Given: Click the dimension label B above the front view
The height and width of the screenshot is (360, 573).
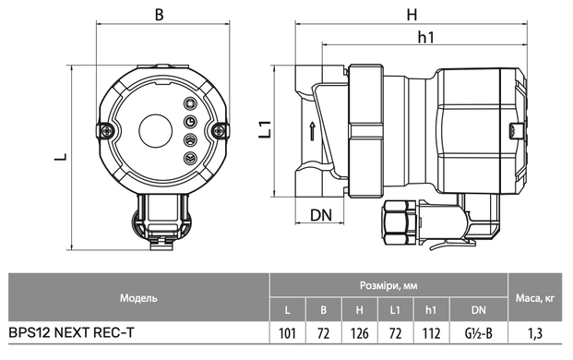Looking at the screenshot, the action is click(x=160, y=15).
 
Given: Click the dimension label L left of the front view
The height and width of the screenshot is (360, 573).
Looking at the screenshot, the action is click(x=61, y=157).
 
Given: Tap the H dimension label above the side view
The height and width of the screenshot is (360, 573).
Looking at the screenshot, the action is click(x=412, y=15).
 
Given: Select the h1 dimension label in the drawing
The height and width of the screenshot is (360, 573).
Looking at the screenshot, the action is click(x=426, y=37).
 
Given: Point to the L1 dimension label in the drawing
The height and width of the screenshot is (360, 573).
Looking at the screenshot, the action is click(x=265, y=129).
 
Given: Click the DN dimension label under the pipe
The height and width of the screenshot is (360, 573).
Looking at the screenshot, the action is click(x=321, y=215).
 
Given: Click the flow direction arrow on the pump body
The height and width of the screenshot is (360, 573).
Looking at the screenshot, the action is click(x=312, y=131).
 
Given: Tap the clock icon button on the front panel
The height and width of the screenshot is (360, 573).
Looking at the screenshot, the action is click(x=190, y=122).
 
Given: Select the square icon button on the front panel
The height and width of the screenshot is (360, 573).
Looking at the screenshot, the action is click(x=190, y=103).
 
